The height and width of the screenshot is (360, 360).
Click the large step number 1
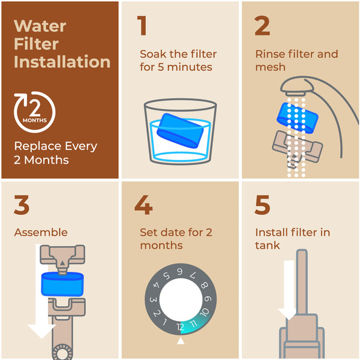tap(142, 26)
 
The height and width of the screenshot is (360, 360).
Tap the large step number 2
tap(263, 26)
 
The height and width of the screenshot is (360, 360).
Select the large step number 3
tap(22, 205)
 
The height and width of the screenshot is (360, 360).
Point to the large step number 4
tap(143, 205)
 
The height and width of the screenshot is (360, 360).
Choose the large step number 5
tap(263, 205)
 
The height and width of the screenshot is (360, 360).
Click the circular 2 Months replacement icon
tap(34, 112)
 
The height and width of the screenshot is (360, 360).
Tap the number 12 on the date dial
tap(179, 327)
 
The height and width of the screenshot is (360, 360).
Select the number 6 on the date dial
tap(179, 272)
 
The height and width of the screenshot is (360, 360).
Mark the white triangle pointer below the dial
tap(180, 341)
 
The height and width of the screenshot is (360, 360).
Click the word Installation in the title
tap(62, 61)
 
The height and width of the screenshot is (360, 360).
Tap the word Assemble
tap(40, 232)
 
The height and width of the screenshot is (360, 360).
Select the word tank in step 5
tap(268, 245)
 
